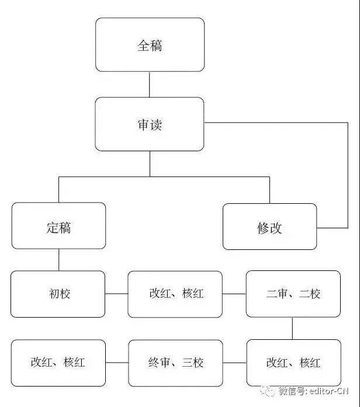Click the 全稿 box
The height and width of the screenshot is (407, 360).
(x=150, y=44)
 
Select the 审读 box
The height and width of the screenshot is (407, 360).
(x=150, y=124)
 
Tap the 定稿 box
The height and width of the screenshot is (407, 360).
(x=58, y=226)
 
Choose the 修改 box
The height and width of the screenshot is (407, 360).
(x=269, y=227)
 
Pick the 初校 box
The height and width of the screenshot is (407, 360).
(x=58, y=294)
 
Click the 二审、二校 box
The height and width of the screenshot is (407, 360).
(x=293, y=294)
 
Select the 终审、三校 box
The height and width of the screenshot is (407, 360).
(x=175, y=363)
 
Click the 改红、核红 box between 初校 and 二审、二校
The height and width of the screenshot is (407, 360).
(x=175, y=294)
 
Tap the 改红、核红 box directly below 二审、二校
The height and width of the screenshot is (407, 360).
(x=294, y=363)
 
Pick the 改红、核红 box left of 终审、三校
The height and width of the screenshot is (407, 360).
(x=58, y=363)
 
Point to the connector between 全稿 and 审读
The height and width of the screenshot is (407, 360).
(x=150, y=85)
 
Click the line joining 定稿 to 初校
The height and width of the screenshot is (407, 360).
(x=58, y=260)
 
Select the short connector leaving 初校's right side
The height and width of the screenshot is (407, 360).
(x=117, y=294)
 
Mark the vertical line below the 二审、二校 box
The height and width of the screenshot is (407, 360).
(x=292, y=328)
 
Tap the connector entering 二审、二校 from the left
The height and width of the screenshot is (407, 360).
(x=234, y=294)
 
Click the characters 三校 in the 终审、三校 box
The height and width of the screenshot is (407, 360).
(x=192, y=363)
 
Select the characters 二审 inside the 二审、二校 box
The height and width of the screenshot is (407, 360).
(x=276, y=294)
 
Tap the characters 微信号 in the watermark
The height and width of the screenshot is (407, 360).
(x=293, y=391)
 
